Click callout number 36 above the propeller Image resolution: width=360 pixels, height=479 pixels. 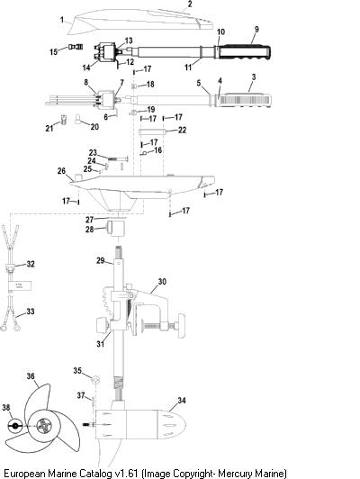pos(31,375)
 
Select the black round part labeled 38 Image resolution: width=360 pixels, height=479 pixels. pos(15,426)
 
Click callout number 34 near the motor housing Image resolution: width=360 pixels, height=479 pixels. pos(182,400)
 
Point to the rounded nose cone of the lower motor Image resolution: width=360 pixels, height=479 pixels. pos(171,425)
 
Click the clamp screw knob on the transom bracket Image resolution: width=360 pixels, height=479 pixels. pos(181,326)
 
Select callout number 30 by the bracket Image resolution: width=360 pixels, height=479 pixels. pos(162,281)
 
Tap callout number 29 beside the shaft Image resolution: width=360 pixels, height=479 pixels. pos(101,260)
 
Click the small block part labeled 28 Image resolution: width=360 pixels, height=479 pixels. pos(115,229)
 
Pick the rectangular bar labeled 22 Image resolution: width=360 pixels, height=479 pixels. pos(152,131)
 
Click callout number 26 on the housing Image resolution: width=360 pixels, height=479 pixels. pos(61,171)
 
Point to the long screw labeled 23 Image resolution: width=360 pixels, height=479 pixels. pos(118,158)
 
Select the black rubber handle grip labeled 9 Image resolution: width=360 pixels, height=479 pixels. pos(244,51)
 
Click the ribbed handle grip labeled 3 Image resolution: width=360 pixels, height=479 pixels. pos(245,100)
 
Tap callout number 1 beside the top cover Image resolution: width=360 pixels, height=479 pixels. pos(62,20)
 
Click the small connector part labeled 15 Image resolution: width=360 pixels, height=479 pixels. pos(76,47)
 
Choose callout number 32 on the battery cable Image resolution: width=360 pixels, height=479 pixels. pos(31,264)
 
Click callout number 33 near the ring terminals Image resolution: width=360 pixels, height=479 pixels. pos(31,312)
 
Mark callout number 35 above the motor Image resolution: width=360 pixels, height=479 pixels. pos(77,371)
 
